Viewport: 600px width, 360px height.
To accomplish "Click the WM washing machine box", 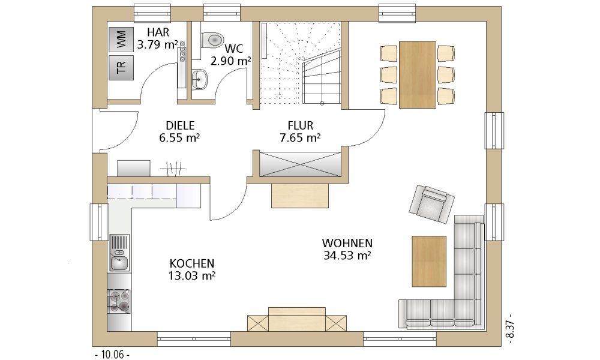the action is click(x=121, y=40).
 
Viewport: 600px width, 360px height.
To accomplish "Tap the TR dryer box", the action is click(x=121, y=68).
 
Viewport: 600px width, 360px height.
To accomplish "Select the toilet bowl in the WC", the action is click(x=212, y=40).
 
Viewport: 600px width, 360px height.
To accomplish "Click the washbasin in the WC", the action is click(x=199, y=80).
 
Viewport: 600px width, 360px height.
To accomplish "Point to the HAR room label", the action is click(x=158, y=32).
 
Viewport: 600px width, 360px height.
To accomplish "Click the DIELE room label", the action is click(x=180, y=125).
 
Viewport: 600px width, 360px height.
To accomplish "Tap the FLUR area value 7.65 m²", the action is click(x=300, y=138).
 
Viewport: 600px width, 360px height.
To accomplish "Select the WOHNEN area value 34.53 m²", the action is click(x=347, y=255).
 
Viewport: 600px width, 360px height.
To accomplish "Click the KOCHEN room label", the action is click(x=192, y=263).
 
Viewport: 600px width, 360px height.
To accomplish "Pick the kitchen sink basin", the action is click(x=119, y=263).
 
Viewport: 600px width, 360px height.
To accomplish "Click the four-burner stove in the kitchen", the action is click(x=119, y=301).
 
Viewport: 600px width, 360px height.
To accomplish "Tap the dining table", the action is click(x=418, y=74).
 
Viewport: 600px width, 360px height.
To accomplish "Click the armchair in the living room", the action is click(x=431, y=204).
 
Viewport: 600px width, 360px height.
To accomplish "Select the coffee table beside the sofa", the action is click(x=429, y=261).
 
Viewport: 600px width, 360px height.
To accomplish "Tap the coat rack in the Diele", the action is click(x=172, y=169).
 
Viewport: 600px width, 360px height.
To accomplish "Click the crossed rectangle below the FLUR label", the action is click(x=300, y=164).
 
